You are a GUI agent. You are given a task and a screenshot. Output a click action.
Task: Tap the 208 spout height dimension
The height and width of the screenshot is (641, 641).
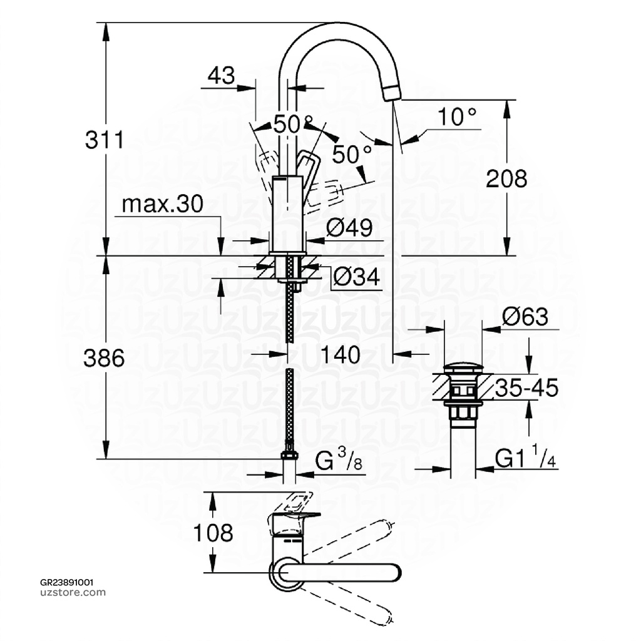pos(507,179)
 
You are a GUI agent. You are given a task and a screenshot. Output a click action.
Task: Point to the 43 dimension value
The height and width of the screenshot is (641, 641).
pos(221,76)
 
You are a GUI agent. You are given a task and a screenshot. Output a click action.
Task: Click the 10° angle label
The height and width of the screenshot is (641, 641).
pos(456,116)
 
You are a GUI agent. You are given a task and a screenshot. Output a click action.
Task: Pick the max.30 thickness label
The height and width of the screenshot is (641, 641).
pos(162,204)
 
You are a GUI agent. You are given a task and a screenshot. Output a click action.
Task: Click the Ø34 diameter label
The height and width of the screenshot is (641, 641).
pos(356,277)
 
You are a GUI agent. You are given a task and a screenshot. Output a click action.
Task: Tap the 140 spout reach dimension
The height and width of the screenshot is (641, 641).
pos(341,355)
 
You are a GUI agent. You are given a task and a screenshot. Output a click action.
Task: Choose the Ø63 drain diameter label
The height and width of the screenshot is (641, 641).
pos(525,317)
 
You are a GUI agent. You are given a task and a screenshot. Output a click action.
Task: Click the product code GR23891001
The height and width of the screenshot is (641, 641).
pos(67,582)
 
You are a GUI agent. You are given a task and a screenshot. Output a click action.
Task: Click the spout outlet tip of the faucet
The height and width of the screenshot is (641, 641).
pos(392,93)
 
